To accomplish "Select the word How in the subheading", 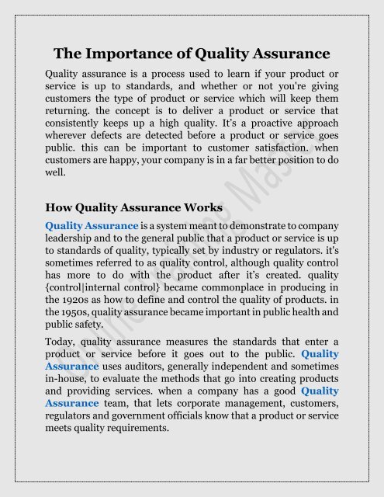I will coord(61,207).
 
